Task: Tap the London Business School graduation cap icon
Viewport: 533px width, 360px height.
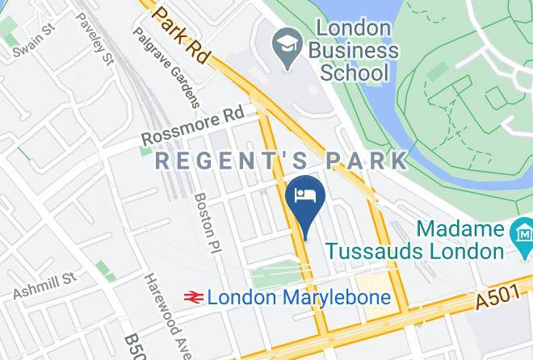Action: pos(285,40)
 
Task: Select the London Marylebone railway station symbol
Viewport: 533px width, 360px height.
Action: pos(192,297)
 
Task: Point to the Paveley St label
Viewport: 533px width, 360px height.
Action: pos(94,40)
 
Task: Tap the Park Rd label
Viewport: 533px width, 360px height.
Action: pos(181,35)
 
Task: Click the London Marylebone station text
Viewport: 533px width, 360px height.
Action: pos(299,297)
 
